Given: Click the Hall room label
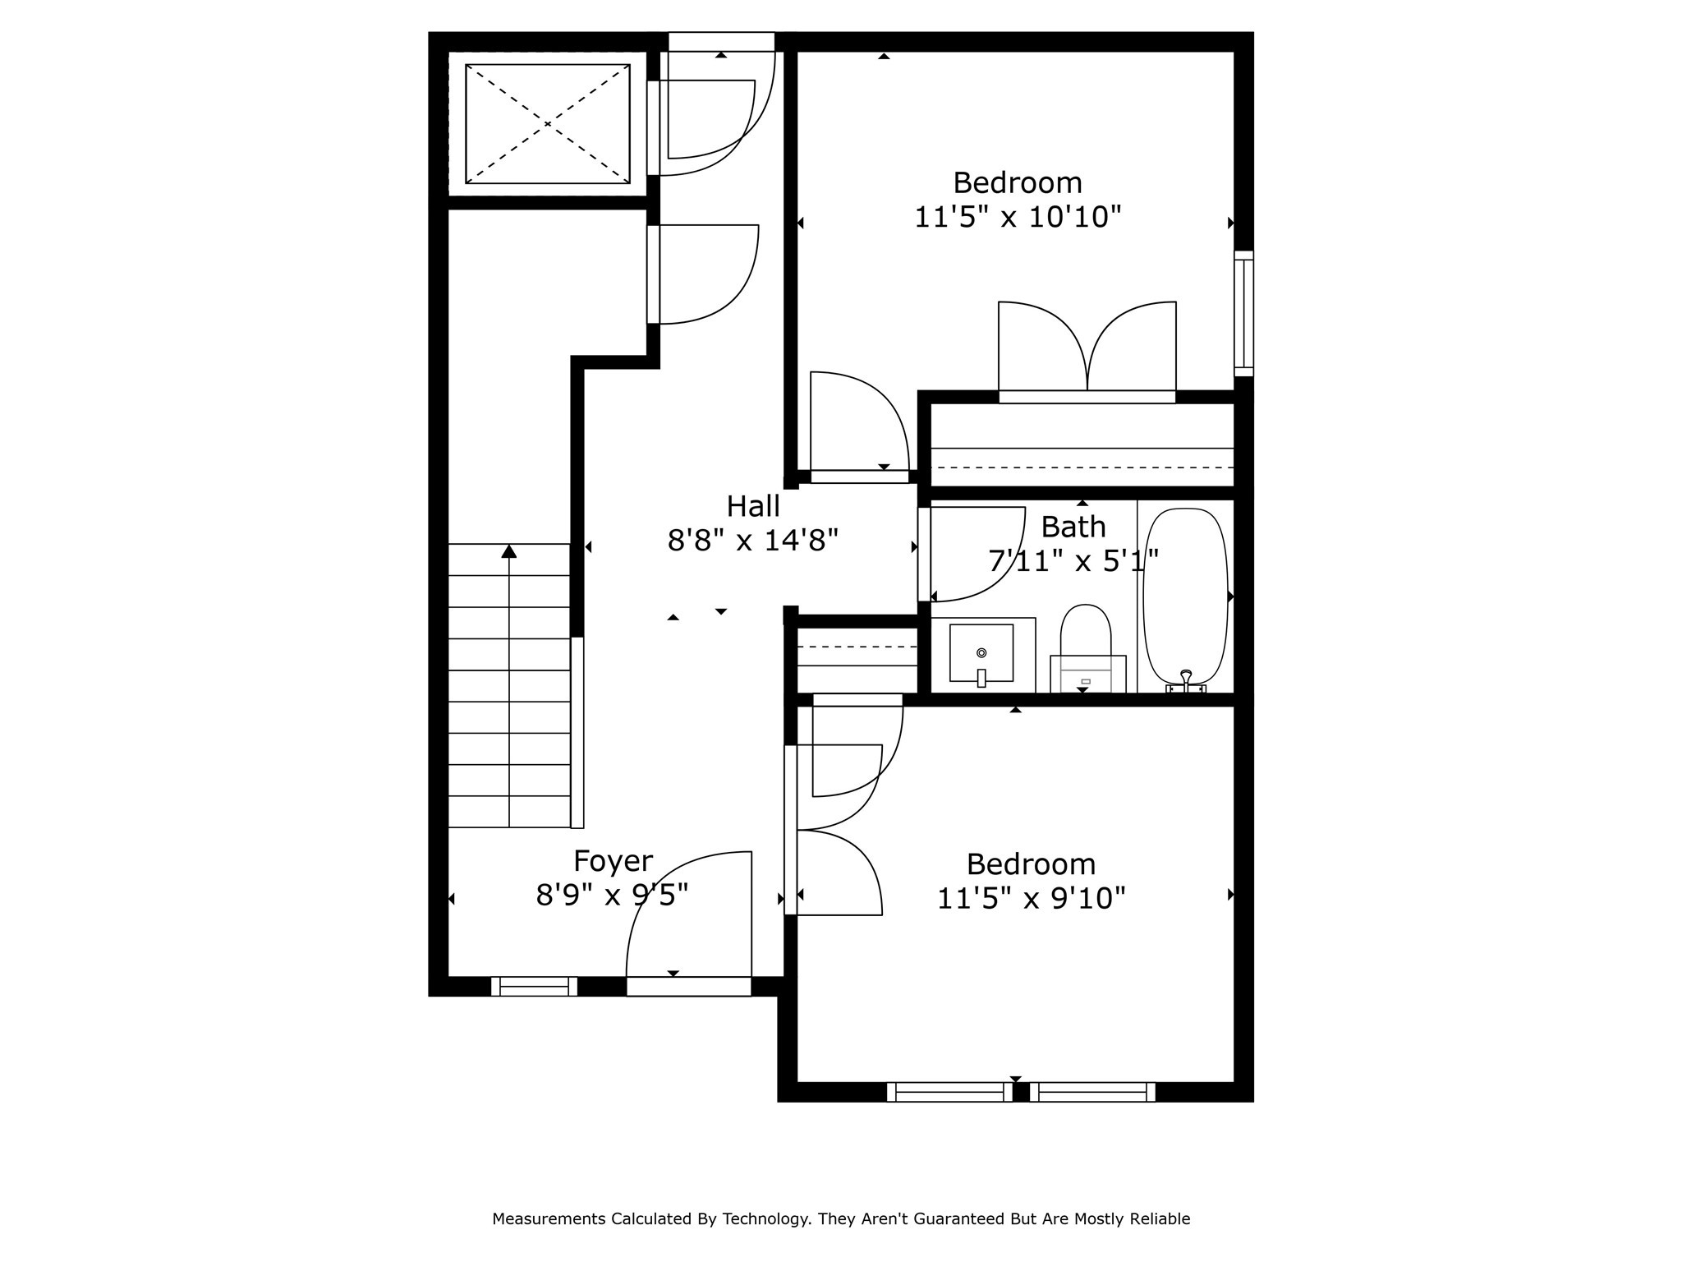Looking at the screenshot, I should coord(752,506).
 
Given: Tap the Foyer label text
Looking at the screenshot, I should coord(613,860).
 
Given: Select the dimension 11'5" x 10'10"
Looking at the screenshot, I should coord(1018,217).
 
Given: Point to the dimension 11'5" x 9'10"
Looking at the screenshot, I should coord(1030,898).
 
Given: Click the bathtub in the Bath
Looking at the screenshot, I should coord(1186,596).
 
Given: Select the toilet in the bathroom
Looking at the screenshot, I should coord(1086,645).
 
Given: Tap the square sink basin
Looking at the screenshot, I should coord(981,652).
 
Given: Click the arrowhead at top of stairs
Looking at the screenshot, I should coord(509,551).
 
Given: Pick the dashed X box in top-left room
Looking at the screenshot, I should coord(548,124).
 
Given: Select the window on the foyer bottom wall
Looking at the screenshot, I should coord(534,986).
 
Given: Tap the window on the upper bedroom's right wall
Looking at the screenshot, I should coord(1243,313).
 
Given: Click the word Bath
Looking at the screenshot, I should coord(1073,527).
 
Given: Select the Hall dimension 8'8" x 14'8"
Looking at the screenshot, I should coord(752,541).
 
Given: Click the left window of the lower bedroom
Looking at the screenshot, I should coord(949,1092).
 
